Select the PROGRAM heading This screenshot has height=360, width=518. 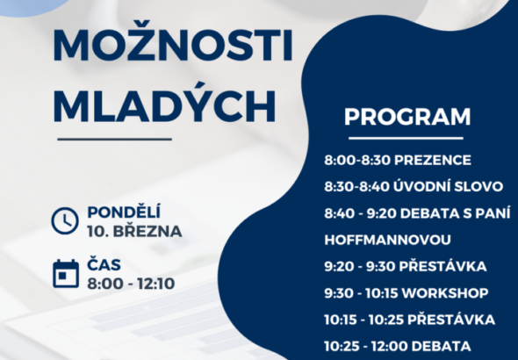pos(406,118)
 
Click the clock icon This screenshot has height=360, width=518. pos(65,221)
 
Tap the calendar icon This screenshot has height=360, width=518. pos(65,273)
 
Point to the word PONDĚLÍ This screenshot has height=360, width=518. pos(124,212)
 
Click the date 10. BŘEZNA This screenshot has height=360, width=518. pos(134,232)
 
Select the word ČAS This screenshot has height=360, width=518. pos(104,264)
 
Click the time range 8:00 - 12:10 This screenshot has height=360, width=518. pos(132,283)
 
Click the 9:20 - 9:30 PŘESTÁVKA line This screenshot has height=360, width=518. pos(405,266)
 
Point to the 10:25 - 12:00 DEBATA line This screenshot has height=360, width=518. pos(398,345)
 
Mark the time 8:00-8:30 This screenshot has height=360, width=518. pos(350,161)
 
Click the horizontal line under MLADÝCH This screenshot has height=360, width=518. pos(114,139)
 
